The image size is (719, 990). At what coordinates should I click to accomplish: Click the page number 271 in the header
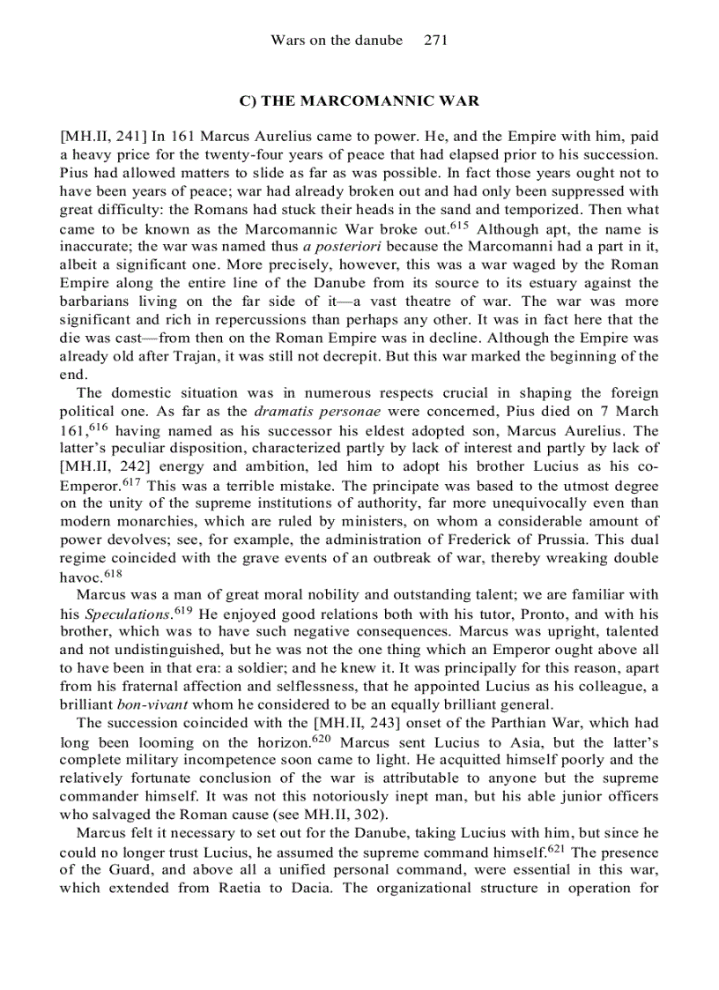coord(437,41)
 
